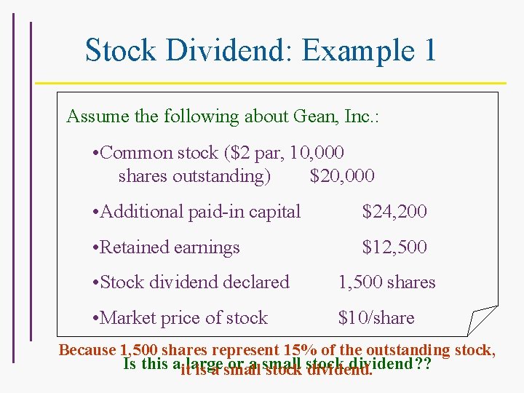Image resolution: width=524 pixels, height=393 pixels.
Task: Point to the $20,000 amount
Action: [342, 176]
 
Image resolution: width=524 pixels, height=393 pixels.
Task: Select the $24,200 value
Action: [394, 212]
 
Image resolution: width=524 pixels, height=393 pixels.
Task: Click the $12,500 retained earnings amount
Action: [394, 247]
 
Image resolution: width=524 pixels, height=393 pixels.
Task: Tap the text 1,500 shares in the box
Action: [386, 282]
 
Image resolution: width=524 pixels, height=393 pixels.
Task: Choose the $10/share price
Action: [376, 318]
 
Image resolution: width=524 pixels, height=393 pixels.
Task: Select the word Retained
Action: [134, 247]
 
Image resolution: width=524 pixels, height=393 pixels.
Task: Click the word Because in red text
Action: [87, 350]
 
